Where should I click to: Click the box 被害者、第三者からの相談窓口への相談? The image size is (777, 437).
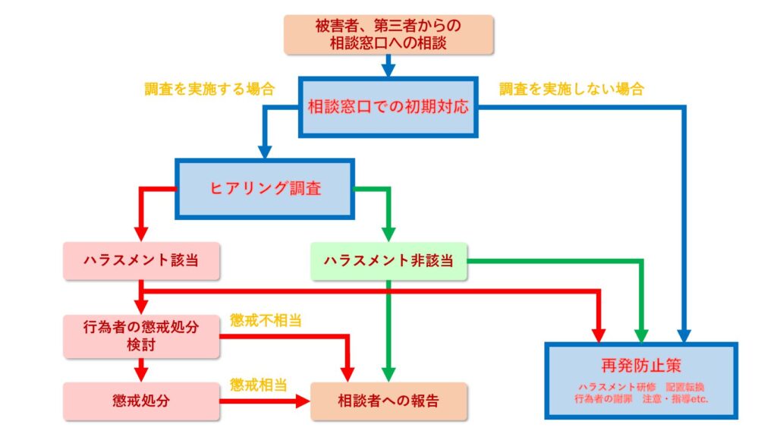[x=388, y=34]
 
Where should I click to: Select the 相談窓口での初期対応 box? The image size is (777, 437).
[x=388, y=107]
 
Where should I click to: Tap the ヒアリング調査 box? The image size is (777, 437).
[x=266, y=188]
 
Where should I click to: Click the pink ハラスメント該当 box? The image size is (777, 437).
[x=142, y=261]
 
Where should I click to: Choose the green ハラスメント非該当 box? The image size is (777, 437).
[x=388, y=261]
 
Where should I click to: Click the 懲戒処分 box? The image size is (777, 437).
[x=142, y=400]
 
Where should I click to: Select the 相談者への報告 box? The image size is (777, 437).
[x=388, y=400]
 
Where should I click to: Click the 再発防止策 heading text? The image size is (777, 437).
[x=641, y=365]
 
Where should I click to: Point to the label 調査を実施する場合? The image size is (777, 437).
[x=209, y=89]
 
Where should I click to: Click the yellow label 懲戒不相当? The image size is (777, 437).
[x=266, y=320]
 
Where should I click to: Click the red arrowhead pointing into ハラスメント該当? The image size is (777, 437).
[x=141, y=233]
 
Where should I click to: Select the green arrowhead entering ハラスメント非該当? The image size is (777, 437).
[x=388, y=233]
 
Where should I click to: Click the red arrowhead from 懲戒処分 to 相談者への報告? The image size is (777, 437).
[x=303, y=400]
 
